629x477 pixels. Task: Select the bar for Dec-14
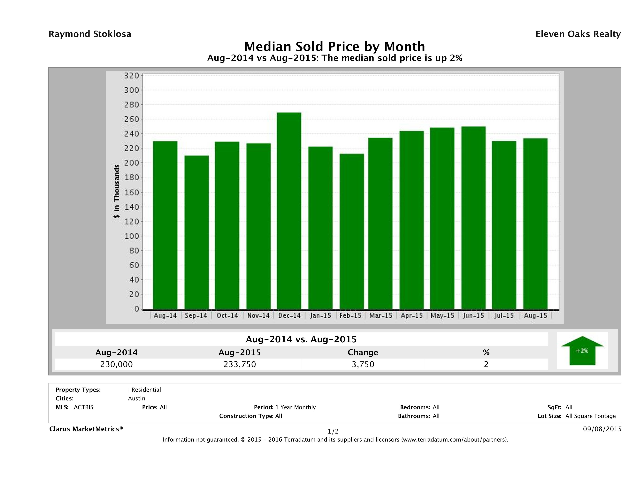coord(289,211)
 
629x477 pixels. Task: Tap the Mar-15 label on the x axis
coord(381,315)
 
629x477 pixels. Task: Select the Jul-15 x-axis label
coord(504,315)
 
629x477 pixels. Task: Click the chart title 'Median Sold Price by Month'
coord(335,47)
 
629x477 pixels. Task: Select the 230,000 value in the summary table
coord(117,364)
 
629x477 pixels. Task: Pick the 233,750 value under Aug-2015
coord(240,364)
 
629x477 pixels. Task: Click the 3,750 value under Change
coord(363,364)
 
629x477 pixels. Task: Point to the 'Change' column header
coord(363,352)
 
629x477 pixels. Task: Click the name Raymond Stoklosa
coord(90,34)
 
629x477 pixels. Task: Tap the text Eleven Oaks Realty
coord(578,34)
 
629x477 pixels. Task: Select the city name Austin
coord(136,398)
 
